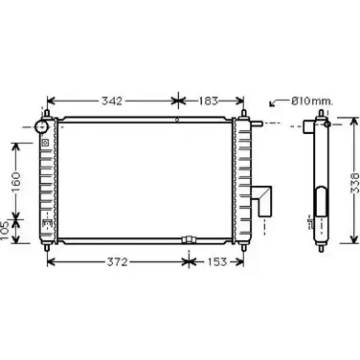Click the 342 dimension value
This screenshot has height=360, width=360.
click(x=112, y=101)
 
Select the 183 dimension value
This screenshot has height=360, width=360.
click(x=209, y=101)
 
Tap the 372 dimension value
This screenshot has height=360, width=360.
click(x=117, y=262)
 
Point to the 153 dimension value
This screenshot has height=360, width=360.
click(x=217, y=262)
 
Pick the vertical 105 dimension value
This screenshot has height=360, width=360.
click(x=5, y=232)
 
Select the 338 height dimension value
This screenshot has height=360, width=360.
click(x=355, y=184)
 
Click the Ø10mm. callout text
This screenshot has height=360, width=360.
click(x=312, y=101)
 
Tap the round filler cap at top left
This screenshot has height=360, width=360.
click(x=41, y=127)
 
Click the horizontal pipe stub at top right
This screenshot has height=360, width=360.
click(x=257, y=124)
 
